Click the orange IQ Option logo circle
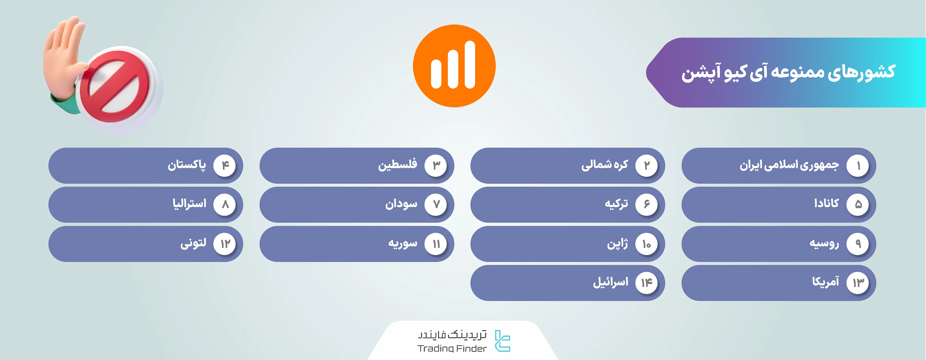click(454, 66)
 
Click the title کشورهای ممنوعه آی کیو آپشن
click(788, 72)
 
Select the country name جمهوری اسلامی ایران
click(789, 165)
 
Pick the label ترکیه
click(616, 204)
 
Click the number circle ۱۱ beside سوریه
click(436, 244)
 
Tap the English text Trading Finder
click(452, 348)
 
